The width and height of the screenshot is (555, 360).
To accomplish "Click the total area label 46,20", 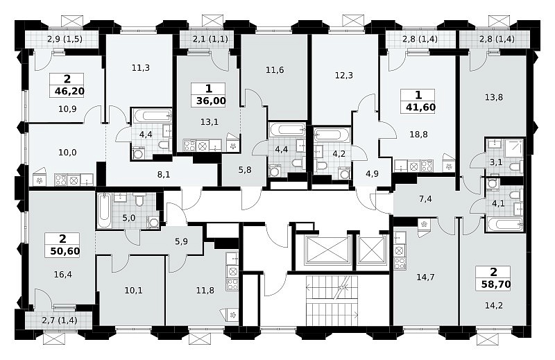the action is (x=69, y=92).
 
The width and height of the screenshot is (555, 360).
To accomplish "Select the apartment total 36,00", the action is (x=211, y=101).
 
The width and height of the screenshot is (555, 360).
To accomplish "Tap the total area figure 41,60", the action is (x=421, y=107).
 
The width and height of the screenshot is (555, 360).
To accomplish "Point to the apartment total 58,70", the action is (x=496, y=284).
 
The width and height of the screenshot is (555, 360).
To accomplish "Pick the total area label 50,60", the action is (x=65, y=251).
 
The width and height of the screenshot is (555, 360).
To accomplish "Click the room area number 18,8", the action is (x=419, y=134).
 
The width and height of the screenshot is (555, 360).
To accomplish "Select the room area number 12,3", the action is (x=343, y=76).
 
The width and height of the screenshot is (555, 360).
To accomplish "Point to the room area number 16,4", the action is (x=63, y=275).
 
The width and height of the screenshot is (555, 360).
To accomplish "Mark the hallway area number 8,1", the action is (x=164, y=174).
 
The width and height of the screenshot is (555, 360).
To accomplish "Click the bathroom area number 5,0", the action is (x=129, y=218).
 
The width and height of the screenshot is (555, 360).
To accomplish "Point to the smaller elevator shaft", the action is (x=372, y=250).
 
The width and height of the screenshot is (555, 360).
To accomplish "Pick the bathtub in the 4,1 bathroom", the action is (x=505, y=224).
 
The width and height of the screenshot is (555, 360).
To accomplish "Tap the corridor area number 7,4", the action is (x=425, y=199).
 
